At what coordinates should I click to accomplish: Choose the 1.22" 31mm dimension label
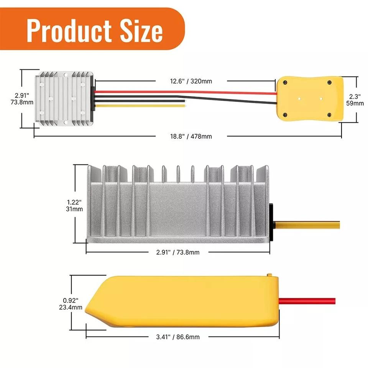(74, 205)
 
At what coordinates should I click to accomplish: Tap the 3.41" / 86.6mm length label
(178, 337)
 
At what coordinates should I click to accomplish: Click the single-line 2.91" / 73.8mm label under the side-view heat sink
(178, 252)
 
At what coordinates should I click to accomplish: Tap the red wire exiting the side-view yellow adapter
(307, 301)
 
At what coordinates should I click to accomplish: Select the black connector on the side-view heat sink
(270, 222)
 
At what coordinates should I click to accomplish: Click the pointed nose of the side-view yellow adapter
(87, 307)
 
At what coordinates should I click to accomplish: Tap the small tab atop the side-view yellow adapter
(269, 275)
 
